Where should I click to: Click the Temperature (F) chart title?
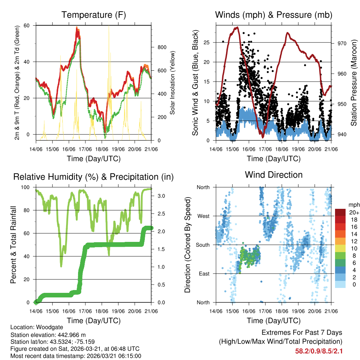(94, 15)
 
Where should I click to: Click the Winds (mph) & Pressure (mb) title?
(274, 15)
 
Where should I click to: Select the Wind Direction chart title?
(274, 175)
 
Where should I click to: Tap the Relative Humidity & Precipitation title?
(94, 177)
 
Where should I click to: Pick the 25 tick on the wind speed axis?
(207, 43)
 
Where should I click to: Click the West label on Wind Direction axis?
(203, 216)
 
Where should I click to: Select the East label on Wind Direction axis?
(204, 274)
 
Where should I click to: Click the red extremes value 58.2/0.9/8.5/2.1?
(319, 351)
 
